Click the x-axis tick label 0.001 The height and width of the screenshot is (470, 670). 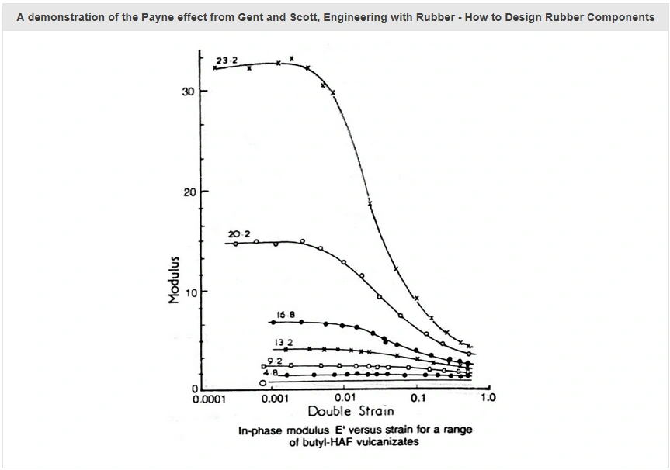(275, 399)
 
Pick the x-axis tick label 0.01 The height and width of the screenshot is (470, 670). (345, 399)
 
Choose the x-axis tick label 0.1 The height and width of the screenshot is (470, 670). (418, 399)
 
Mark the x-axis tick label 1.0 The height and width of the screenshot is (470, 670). (488, 399)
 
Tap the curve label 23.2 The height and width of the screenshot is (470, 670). (226, 60)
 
